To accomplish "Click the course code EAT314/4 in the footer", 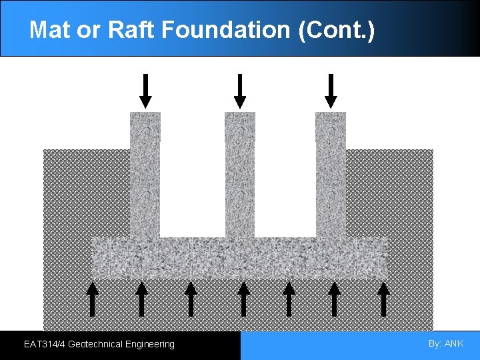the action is click(44, 345).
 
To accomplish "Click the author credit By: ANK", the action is click(446, 344).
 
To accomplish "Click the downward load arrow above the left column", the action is click(145, 91).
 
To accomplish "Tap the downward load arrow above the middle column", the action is click(240, 91).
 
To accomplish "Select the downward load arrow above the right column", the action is click(331, 91).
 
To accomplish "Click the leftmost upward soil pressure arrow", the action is click(93, 299).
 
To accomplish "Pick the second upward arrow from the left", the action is click(141, 299).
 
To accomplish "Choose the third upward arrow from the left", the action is click(191, 299).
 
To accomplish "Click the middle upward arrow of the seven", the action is click(243, 299).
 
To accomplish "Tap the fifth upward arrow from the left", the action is click(289, 299).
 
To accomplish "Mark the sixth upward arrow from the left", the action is click(335, 299).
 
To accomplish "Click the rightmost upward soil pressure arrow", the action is click(384, 299).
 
